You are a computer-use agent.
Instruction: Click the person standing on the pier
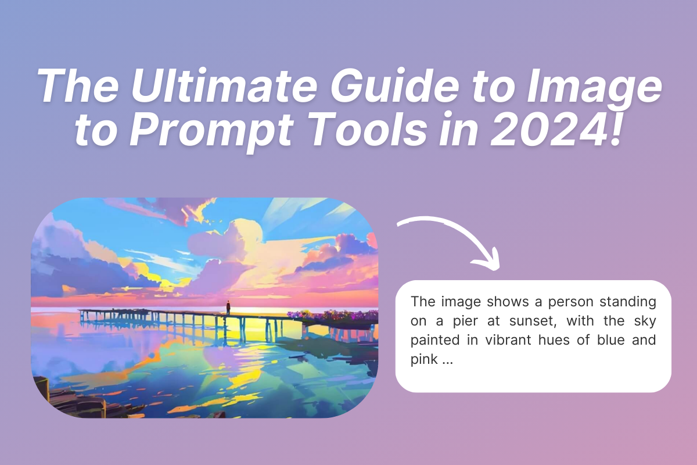pyautogui.click(x=228, y=307)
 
